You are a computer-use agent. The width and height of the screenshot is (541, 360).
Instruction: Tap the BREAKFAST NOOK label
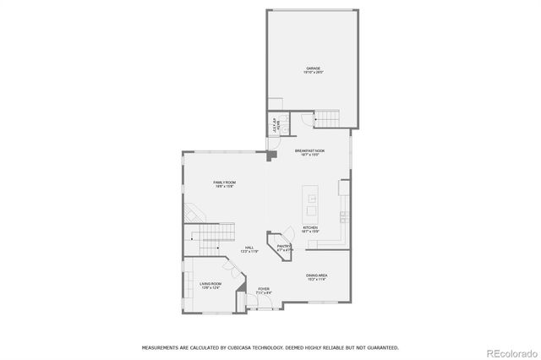point(310,150)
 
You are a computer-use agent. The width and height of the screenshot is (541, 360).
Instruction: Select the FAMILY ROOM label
point(224,183)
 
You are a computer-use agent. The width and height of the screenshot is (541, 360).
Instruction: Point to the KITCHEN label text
point(310,227)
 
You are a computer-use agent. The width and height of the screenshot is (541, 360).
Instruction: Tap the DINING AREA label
point(317,275)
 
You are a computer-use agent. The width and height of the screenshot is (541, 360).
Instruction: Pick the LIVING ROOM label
point(210,284)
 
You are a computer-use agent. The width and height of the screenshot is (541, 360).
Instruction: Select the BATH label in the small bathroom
point(274,124)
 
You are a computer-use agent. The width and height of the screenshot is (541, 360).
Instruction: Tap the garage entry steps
point(326,119)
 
